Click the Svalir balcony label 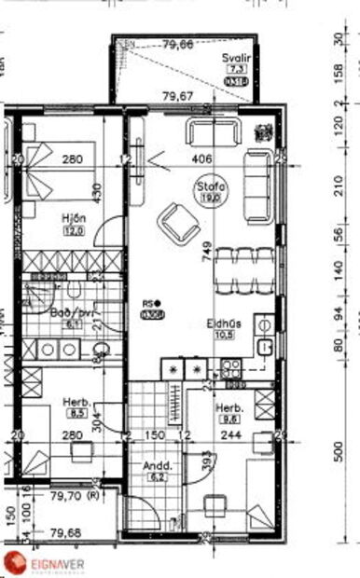234,58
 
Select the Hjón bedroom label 74,219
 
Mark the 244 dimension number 230,434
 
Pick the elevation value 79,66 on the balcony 177,44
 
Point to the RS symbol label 152,303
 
